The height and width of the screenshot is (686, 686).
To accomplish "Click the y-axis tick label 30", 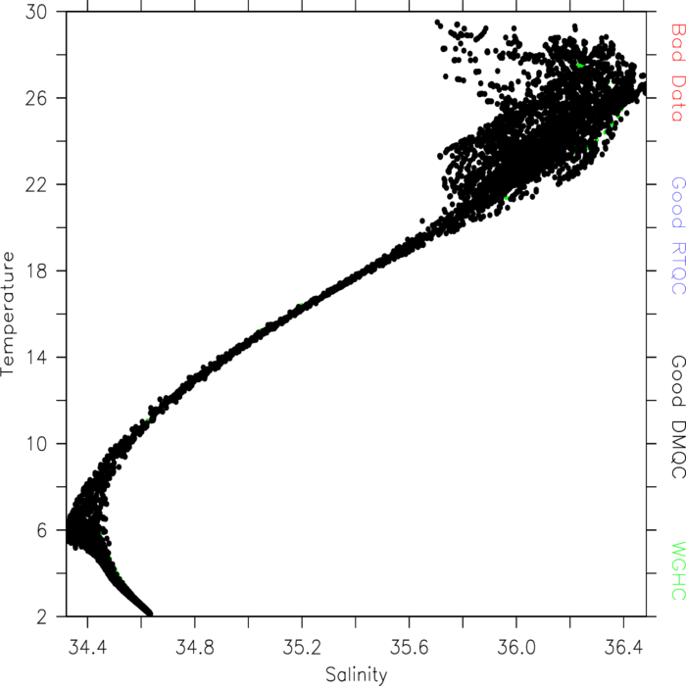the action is click(x=36, y=12).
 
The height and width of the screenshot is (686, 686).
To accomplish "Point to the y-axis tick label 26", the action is click(x=36, y=98).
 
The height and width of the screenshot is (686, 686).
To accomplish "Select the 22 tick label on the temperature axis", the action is click(x=36, y=184).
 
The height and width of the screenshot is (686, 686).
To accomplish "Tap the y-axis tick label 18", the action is click(x=37, y=270).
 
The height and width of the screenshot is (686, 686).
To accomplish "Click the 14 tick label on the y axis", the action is click(x=37, y=358).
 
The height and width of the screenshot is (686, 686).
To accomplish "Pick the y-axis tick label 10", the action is click(x=37, y=444).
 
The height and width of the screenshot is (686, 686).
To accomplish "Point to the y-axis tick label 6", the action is click(x=41, y=530).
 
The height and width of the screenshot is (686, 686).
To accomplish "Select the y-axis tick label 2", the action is click(x=41, y=616).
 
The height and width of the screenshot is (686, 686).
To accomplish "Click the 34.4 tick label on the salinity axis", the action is click(x=87, y=647).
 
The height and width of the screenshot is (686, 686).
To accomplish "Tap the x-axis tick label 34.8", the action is click(x=195, y=647).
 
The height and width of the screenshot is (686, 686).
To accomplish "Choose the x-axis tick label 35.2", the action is click(x=302, y=647).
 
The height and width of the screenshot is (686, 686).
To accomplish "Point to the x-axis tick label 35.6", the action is click(x=409, y=647).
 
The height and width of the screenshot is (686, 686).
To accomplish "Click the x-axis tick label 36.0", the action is click(x=516, y=647).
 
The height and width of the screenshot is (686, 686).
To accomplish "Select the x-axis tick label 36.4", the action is click(x=623, y=647).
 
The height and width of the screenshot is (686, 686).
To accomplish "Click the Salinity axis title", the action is click(x=357, y=675).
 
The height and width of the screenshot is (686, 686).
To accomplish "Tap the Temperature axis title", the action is click(x=8, y=314).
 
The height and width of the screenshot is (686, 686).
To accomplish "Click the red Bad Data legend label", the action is click(x=678, y=73).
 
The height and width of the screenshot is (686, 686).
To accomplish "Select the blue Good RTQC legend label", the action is click(x=678, y=235).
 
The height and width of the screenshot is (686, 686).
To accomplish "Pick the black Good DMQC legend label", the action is click(x=678, y=416).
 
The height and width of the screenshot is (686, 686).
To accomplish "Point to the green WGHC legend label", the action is click(x=678, y=571).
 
